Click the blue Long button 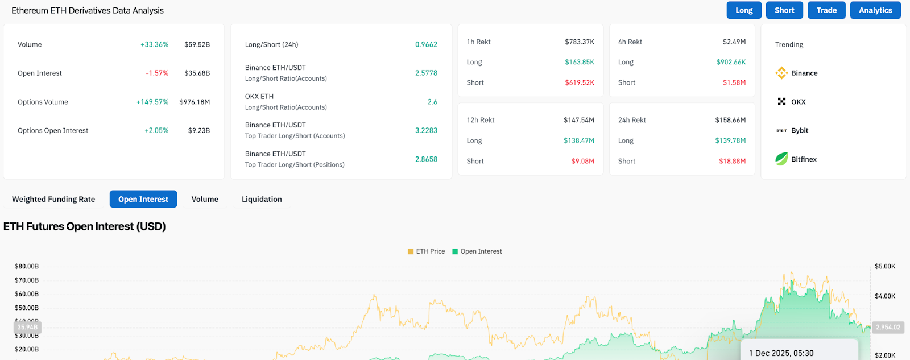744,10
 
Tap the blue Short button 784,10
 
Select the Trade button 826,10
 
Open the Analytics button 875,10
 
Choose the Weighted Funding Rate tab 53,199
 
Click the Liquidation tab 262,199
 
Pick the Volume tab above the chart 205,199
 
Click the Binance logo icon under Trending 781,73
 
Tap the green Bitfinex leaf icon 781,159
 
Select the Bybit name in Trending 800,130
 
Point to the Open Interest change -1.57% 157,73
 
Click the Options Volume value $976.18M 195,102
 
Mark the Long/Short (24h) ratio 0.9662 426,44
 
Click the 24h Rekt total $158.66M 730,120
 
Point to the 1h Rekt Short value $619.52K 580,82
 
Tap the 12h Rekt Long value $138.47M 579,140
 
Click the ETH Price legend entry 426,251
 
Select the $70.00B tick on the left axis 27,280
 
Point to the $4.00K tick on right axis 885,296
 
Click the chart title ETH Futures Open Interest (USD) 85,226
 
